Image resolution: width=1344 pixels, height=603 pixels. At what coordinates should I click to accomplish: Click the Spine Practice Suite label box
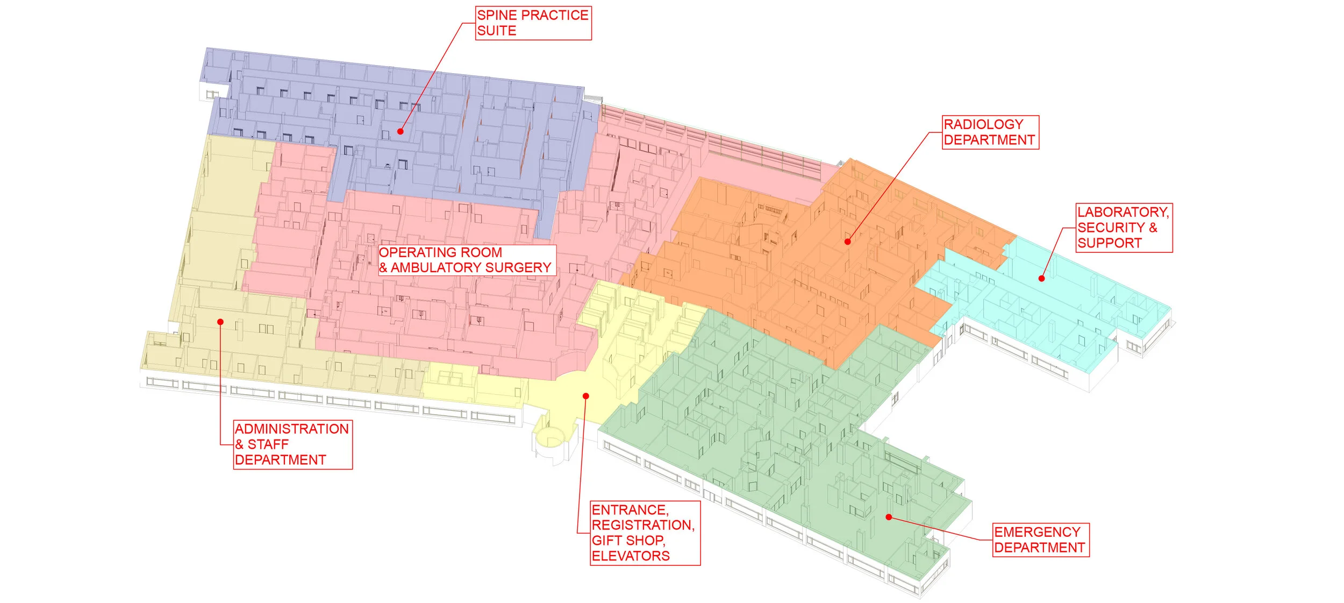point(533,23)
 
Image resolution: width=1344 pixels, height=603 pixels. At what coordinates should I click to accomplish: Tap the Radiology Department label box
point(990,132)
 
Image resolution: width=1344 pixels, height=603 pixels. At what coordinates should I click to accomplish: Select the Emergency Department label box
point(1040,540)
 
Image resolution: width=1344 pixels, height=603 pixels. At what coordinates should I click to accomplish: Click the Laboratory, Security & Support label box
point(1124,228)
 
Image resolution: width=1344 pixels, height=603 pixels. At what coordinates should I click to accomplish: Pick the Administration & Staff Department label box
point(292,444)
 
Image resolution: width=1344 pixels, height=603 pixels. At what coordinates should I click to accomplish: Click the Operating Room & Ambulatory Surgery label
point(466,260)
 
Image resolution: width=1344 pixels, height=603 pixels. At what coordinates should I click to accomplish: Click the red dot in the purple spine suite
point(401,131)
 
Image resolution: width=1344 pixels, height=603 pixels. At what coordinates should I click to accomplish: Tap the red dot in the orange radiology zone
point(847,242)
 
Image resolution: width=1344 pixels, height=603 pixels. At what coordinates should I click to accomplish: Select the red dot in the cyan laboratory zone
point(1041,278)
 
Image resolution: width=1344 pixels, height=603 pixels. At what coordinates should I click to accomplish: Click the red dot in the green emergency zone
point(889,517)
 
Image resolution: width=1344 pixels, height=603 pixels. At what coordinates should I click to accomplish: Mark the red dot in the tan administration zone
point(220,322)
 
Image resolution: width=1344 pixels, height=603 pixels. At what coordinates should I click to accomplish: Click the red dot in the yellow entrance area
point(586,396)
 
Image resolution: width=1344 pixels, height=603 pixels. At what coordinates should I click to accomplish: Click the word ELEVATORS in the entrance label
point(631,556)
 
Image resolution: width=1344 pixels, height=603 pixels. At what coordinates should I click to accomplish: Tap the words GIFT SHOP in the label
point(628,540)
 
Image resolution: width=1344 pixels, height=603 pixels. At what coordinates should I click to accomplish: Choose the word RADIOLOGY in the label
point(983,125)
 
